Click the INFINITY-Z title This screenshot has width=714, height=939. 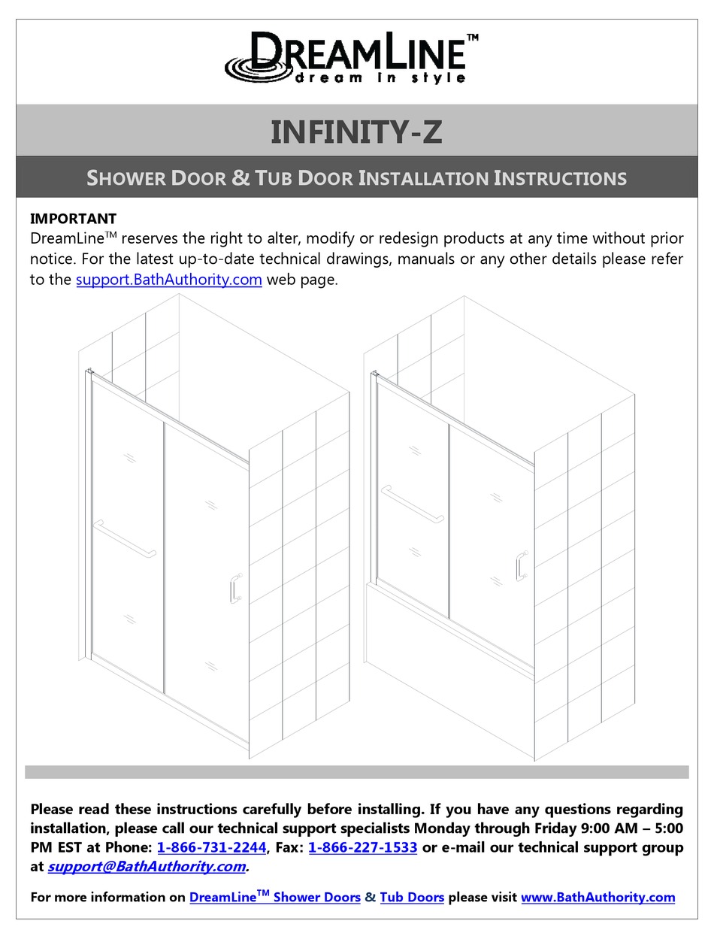(356, 132)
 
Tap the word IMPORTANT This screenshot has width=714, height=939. (73, 219)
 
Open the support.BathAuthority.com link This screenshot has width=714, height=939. (169, 280)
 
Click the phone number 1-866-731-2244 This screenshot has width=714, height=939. (212, 847)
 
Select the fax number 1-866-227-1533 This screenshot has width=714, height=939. (362, 847)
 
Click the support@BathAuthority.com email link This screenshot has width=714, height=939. (147, 866)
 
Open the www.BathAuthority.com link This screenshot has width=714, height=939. (598, 897)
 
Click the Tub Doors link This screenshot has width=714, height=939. (412, 897)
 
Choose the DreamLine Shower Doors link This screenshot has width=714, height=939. (274, 897)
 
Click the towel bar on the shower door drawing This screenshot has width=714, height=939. (125, 540)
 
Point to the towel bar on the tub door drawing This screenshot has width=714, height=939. (413, 503)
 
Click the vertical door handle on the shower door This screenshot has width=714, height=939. (235, 588)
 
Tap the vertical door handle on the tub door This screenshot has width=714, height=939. (521, 565)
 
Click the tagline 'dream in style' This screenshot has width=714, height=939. (380, 78)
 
